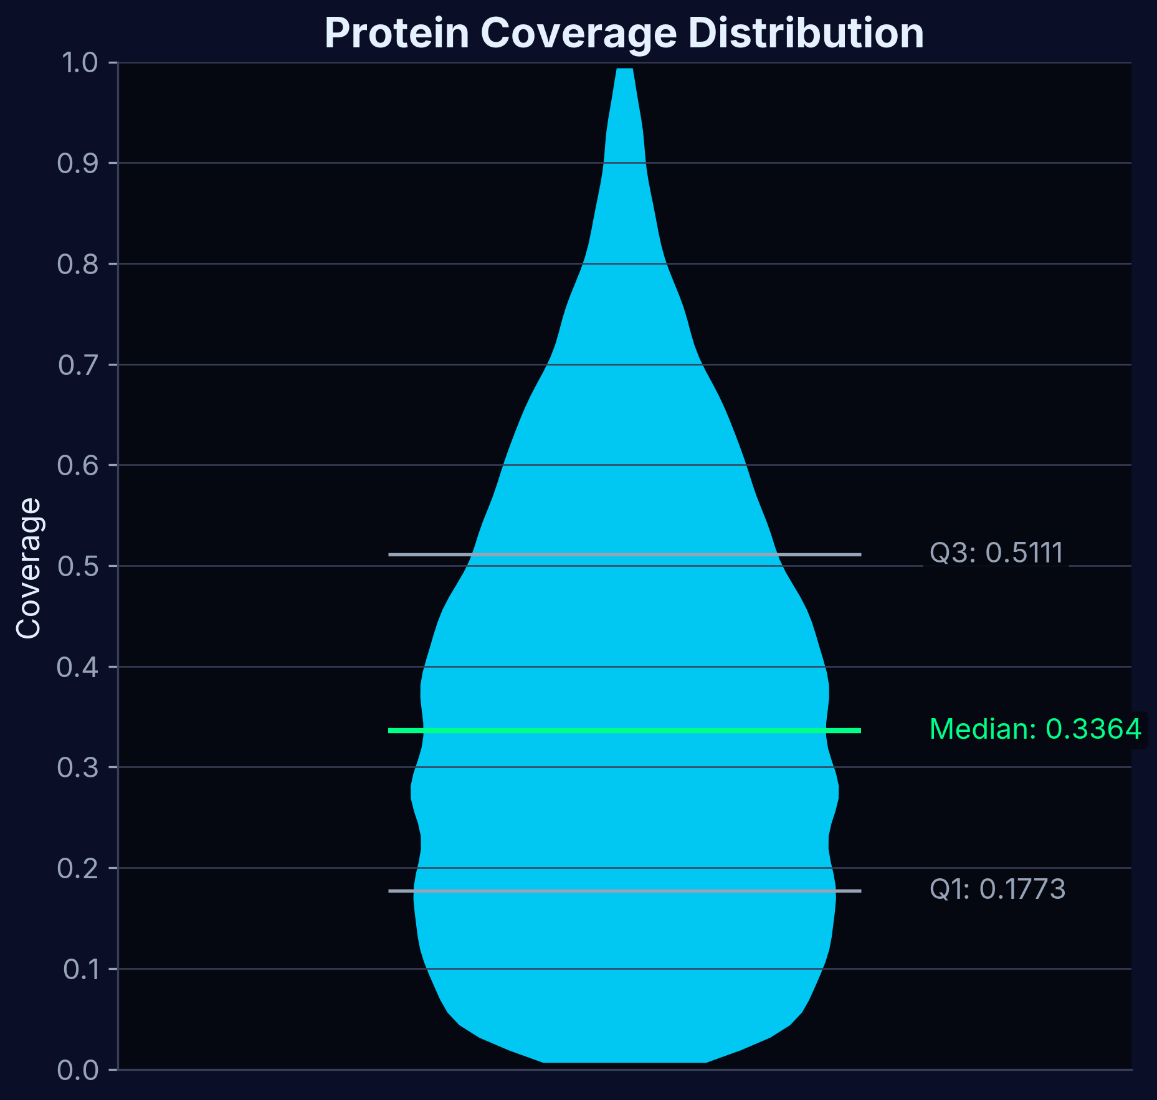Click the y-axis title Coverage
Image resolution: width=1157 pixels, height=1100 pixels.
pyautogui.click(x=29, y=568)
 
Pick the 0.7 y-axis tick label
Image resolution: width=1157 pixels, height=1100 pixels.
pyautogui.click(x=78, y=365)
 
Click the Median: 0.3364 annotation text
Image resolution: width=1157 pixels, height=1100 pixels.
pyautogui.click(x=1035, y=729)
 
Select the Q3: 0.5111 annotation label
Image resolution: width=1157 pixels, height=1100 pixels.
pyautogui.click(x=996, y=553)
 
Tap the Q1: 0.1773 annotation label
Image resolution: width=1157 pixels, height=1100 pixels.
pyautogui.click(x=997, y=889)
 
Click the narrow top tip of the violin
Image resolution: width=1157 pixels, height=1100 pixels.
pyautogui.click(x=624, y=81)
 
